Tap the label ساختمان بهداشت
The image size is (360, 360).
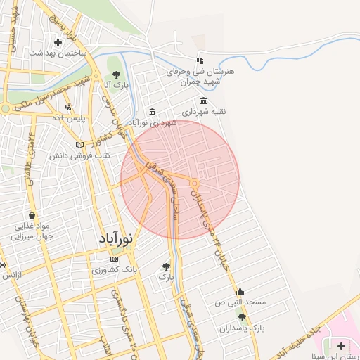click(58, 53)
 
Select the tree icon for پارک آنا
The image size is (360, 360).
click(115, 75)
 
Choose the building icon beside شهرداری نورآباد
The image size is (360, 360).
click(153, 112)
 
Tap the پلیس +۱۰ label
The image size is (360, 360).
click(71, 118)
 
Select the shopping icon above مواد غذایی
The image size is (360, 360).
click(31, 216)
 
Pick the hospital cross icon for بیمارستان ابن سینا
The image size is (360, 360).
click(341, 345)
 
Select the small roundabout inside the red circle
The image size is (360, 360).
click(195, 184)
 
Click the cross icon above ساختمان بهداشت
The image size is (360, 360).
click(58, 42)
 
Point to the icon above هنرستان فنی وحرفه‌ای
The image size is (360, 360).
click(200, 60)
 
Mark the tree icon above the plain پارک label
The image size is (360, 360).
click(166, 266)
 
